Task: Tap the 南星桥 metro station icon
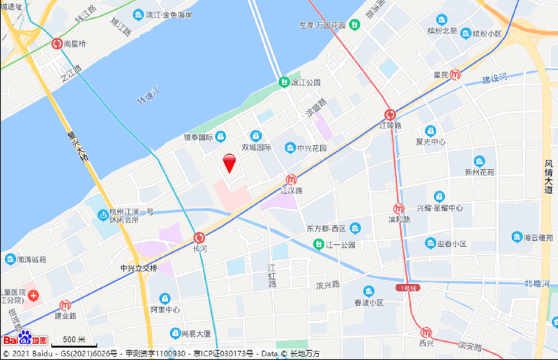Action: (58, 43)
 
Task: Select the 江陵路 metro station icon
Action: (391, 114)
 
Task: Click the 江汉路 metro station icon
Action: (292, 179)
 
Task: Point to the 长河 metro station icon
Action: (200, 237)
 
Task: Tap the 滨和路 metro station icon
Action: (398, 208)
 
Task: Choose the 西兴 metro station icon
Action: (425, 332)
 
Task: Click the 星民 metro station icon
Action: (455, 74)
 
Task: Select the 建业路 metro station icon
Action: (65, 305)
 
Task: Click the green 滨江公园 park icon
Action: (284, 82)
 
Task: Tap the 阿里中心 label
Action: (165, 309)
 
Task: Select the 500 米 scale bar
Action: (74, 340)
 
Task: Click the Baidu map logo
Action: (25, 339)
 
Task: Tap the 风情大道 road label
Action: (549, 177)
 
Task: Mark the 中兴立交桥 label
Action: (139, 268)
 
